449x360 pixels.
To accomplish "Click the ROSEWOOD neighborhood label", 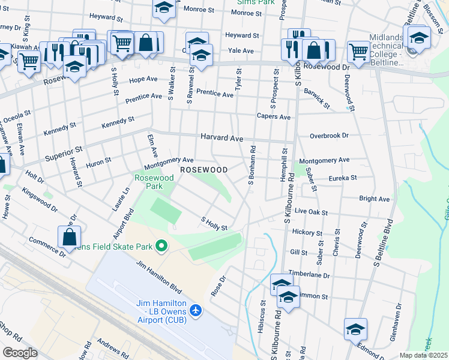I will click(204, 170).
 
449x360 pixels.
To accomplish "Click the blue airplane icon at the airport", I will click(196, 310).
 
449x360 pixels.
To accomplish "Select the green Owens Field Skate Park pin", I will click(161, 246).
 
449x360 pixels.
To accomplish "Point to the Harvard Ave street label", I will click(221, 138).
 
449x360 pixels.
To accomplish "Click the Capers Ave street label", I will click(273, 117).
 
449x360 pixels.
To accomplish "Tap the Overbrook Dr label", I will click(328, 136).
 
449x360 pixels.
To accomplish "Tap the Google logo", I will click(20, 352).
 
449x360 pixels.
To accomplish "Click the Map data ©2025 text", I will click(423, 355).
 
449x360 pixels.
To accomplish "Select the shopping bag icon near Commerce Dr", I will click(70, 236).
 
